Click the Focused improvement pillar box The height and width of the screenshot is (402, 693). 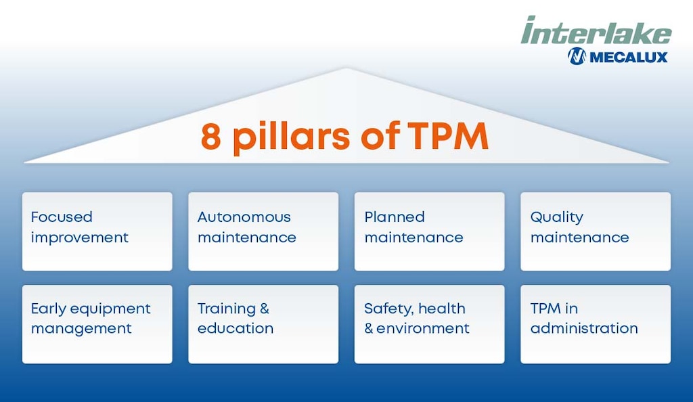click(97, 231)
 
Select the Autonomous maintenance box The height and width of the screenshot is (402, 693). click(263, 231)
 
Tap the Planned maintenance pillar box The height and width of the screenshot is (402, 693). click(430, 231)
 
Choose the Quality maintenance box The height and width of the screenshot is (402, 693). click(596, 231)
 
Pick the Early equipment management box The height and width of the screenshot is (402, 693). click(97, 324)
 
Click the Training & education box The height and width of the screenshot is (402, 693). click(263, 324)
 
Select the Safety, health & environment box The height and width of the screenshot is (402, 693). click(430, 324)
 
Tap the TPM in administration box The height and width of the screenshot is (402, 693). click(596, 324)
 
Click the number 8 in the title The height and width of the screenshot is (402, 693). click(212, 136)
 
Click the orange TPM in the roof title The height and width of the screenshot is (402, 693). click(448, 136)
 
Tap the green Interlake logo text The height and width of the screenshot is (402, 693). click(596, 31)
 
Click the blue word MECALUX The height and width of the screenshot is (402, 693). click(628, 57)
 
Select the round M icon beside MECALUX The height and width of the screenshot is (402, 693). click(577, 57)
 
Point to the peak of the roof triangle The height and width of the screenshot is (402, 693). click(346, 70)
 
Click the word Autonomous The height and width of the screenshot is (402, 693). click(244, 217)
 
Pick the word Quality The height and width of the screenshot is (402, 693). click(556, 218)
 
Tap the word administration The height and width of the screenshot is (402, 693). click(584, 328)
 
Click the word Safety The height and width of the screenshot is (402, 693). click(386, 309)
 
